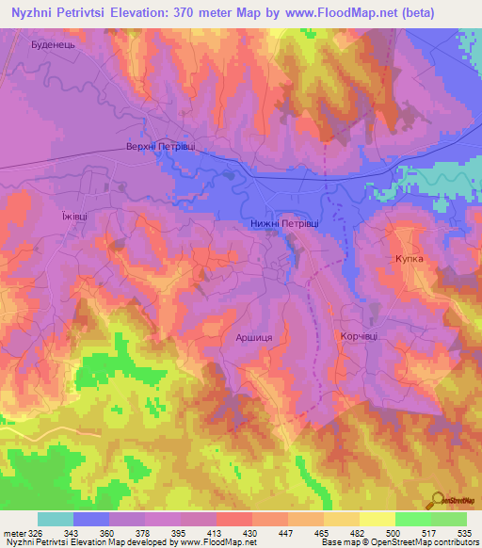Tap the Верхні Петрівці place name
(162, 148)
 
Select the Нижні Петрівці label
(285, 224)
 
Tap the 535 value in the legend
(465, 533)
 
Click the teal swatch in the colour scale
(56, 519)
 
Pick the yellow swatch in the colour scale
(378, 519)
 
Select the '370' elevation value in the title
(194, 13)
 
